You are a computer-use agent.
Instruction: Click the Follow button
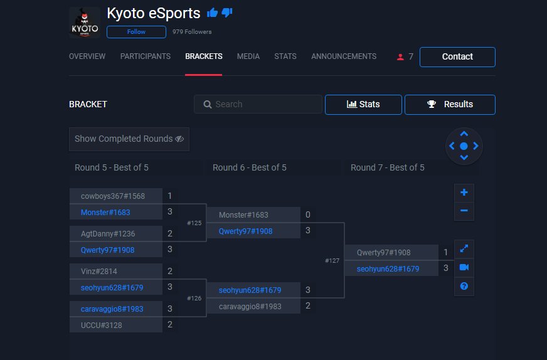pyautogui.click(x=136, y=32)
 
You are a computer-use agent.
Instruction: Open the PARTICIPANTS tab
pyautogui.click(x=146, y=56)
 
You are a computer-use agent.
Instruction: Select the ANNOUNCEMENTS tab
pyautogui.click(x=344, y=56)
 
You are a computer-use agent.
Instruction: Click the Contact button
pyautogui.click(x=457, y=56)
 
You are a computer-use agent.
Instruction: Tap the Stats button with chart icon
pyautogui.click(x=363, y=104)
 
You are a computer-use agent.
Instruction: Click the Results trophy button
pyautogui.click(x=450, y=104)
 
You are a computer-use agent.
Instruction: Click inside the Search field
pyautogui.click(x=258, y=104)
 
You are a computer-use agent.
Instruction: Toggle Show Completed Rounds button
pyautogui.click(x=129, y=139)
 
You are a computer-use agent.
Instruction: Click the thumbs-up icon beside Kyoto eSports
pyautogui.click(x=212, y=13)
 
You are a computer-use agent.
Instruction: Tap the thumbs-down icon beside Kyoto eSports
pyautogui.click(x=227, y=13)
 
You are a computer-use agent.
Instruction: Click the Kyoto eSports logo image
pyautogui.click(x=85, y=23)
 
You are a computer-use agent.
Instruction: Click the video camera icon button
pyautogui.click(x=464, y=267)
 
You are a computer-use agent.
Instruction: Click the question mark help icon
pyautogui.click(x=464, y=286)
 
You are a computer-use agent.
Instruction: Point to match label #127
pyautogui.click(x=332, y=260)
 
